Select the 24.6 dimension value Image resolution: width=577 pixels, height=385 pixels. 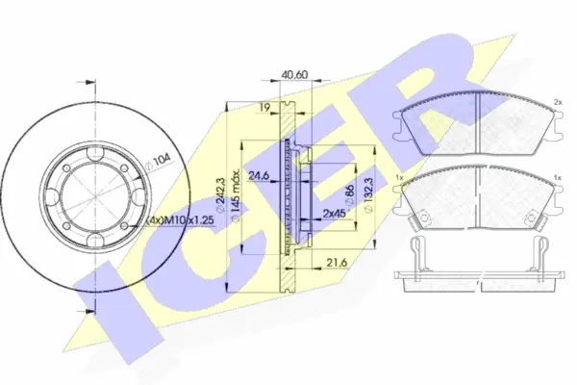258,175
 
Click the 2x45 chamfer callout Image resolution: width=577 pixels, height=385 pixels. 334,212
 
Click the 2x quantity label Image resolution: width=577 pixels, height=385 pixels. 557,100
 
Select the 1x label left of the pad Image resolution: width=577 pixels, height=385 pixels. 398,179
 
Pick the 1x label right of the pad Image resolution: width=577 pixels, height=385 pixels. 557,179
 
